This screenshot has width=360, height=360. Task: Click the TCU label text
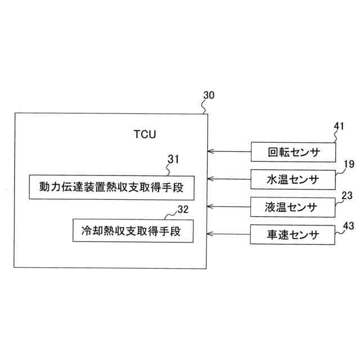click(145, 135)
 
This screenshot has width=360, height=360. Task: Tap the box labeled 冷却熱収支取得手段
click(133, 231)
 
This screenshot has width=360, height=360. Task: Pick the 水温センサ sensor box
click(293, 179)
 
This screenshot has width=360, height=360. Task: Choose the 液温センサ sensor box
click(293, 206)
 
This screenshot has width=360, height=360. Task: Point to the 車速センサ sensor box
click(293, 234)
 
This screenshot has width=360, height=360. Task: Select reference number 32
click(183, 210)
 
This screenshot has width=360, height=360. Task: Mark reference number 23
click(347, 196)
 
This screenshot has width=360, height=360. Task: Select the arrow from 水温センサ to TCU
click(229, 179)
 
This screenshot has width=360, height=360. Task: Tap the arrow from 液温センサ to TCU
click(229, 206)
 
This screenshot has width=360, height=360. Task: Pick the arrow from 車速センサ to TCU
click(229, 234)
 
